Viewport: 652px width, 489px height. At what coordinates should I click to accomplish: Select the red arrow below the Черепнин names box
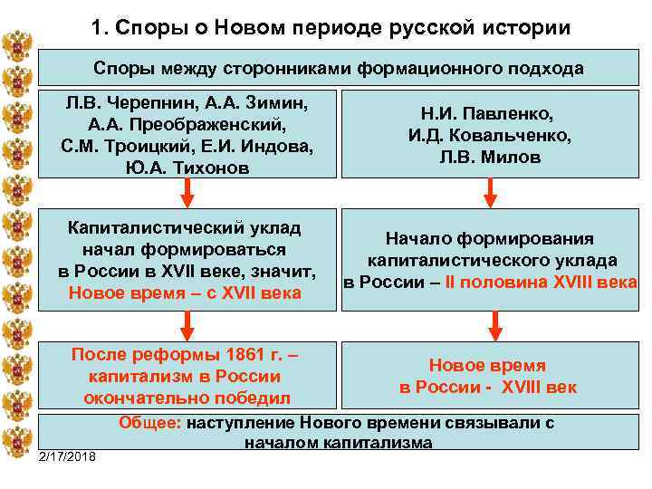(187, 190)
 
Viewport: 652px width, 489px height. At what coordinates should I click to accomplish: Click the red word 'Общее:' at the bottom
(149, 422)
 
